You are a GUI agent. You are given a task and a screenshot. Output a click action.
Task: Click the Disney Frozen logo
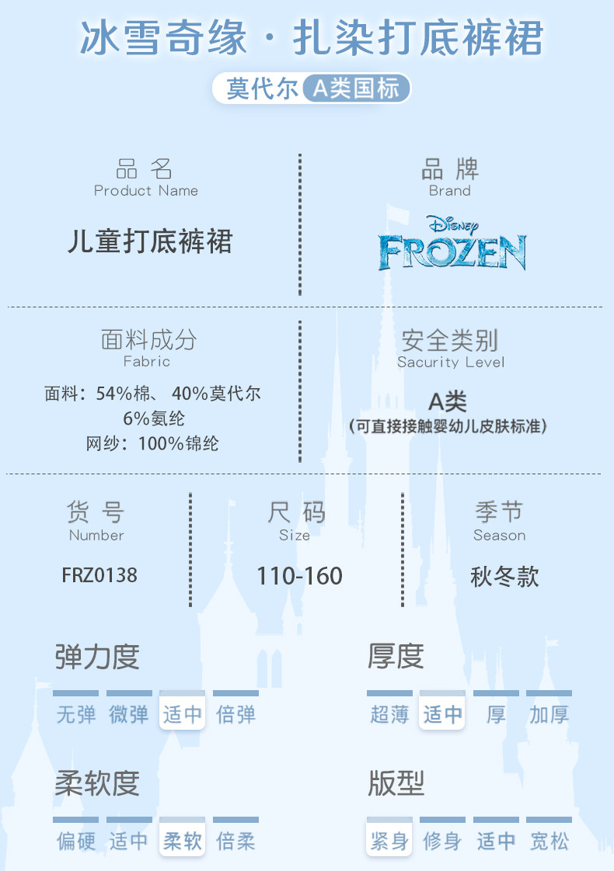click(452, 243)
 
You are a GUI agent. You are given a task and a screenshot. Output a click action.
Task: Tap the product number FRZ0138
click(99, 575)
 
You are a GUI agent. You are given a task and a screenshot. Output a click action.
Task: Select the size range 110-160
click(299, 576)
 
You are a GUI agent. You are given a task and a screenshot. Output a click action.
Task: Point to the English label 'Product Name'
click(146, 191)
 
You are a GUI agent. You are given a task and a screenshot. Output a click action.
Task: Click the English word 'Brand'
click(450, 191)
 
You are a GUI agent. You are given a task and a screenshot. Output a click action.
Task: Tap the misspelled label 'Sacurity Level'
click(451, 363)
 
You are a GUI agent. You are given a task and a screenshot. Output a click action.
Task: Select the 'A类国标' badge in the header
click(355, 88)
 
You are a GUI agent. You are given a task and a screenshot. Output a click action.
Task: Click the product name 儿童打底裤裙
click(150, 241)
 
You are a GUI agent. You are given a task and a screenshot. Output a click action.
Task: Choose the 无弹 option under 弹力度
click(76, 714)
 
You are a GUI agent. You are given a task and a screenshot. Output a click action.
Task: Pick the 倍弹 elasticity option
click(235, 714)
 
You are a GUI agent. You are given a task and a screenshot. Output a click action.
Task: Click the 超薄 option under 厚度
click(389, 714)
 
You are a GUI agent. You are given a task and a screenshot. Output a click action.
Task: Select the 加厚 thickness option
click(549, 714)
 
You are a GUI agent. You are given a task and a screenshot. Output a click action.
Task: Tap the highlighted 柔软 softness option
click(183, 841)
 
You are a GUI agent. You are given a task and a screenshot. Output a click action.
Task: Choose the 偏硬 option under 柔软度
click(76, 841)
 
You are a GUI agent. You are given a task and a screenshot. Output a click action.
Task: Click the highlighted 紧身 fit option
click(389, 841)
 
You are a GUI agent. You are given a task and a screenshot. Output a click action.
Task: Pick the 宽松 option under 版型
click(549, 841)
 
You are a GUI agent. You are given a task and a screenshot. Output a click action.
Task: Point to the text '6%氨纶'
click(154, 418)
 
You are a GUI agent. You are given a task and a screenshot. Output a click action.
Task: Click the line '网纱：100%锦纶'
click(152, 443)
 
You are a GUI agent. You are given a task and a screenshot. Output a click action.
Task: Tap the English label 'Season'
click(499, 536)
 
